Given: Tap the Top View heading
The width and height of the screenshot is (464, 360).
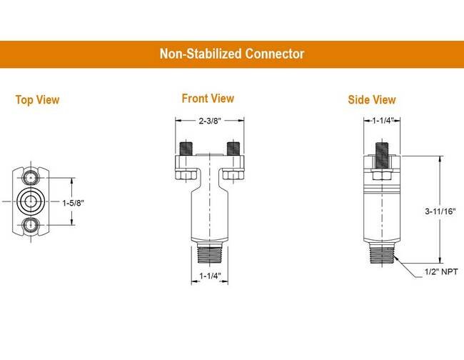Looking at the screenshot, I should tap(37, 100).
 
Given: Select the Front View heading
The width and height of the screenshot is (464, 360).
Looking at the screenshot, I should tap(207, 99).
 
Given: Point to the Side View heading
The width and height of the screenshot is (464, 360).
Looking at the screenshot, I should tap(371, 100).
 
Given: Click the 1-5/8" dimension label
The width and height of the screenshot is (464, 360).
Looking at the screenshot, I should tap(73, 203).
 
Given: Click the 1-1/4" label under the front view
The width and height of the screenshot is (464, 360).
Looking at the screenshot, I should tap(211, 276).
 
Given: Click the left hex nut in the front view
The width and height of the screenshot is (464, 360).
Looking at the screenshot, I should tap(183, 174).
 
